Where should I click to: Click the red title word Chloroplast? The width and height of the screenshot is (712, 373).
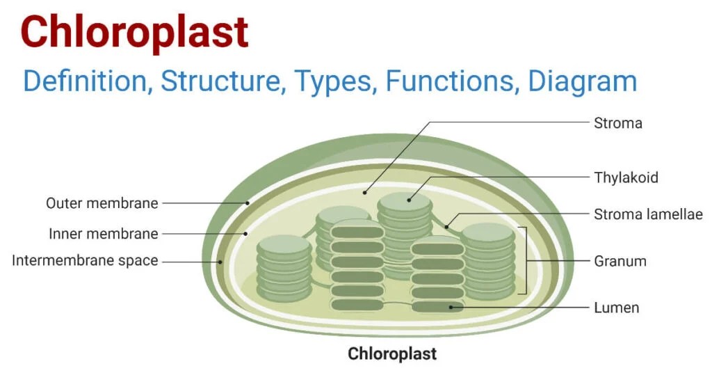tap(134, 33)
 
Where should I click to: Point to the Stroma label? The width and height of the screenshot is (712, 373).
tap(617, 123)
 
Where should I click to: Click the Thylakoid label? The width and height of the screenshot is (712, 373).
tap(625, 177)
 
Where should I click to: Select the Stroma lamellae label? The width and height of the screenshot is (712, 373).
tap(648, 214)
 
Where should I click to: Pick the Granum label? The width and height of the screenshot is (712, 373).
tap(620, 262)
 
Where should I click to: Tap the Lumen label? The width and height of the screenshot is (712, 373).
tap(616, 307)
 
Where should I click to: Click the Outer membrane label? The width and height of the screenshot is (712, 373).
tap(102, 203)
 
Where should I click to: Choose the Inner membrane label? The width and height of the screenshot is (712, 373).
tap(104, 234)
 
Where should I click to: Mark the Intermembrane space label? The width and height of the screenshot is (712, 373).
tap(85, 261)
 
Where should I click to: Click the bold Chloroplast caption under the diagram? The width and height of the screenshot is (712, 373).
tap(392, 354)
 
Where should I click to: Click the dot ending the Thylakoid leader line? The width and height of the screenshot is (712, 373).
tap(409, 200)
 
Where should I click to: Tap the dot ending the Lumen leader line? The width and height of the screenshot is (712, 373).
tap(451, 307)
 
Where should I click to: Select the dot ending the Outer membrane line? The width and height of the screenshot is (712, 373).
tap(247, 203)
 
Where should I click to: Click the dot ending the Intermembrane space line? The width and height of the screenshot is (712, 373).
tap(220, 262)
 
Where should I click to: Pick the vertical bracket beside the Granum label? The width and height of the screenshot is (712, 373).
tap(526, 261)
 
